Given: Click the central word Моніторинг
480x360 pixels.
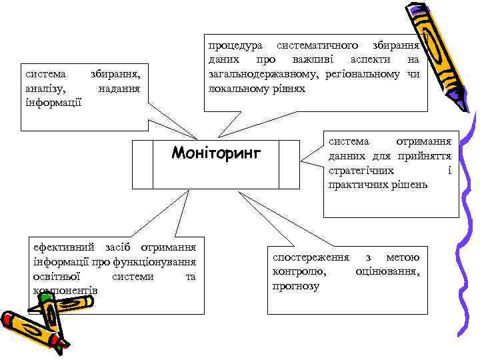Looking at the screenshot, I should (217, 153).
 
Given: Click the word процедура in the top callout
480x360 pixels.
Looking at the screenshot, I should (233, 46).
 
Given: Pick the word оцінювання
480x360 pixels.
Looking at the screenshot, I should (388, 271).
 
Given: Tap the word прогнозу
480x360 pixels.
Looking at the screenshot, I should (296, 286).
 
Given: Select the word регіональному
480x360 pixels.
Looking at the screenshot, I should (363, 74).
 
